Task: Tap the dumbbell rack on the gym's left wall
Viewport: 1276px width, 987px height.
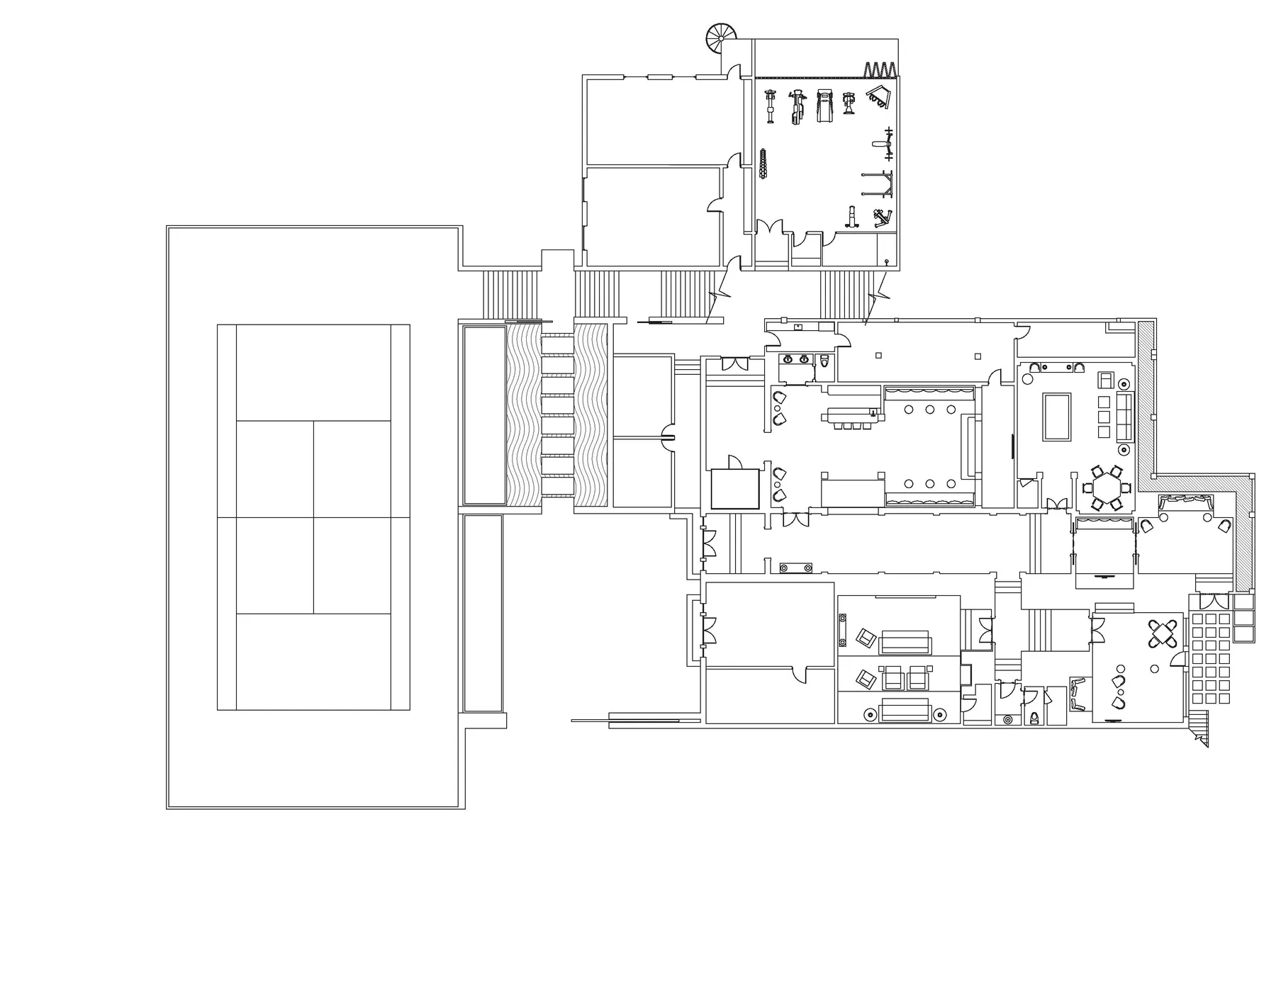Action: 763,164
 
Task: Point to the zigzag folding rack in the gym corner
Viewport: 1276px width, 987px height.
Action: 880,69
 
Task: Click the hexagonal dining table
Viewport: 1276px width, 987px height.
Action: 1106,488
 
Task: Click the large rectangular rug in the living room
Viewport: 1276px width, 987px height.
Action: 1056,417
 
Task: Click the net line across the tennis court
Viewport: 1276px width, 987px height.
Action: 313,517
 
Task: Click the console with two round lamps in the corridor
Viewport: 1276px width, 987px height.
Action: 795,568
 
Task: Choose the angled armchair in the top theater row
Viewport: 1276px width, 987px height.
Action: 866,637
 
